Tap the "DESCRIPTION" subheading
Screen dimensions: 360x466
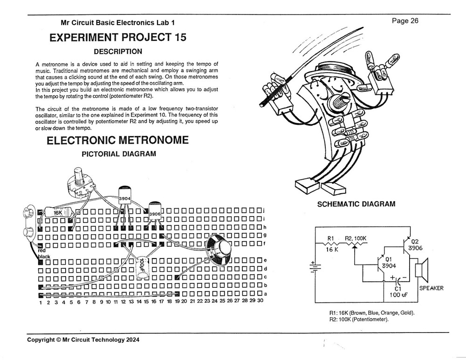point(118,51)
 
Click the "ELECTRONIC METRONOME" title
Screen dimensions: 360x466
point(118,140)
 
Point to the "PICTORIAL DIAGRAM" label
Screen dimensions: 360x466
point(118,154)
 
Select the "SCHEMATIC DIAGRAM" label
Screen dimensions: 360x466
point(356,204)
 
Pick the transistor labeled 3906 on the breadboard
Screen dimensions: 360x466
point(155,212)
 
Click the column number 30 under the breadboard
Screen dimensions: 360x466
point(260,301)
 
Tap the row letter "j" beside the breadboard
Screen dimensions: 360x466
point(264,210)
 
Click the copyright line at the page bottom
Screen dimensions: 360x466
point(83,340)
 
